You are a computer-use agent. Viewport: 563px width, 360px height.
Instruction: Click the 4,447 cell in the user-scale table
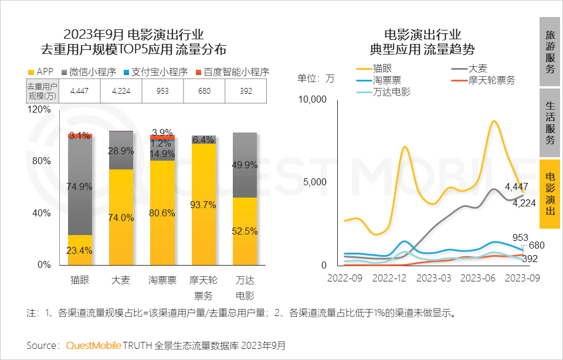pos(80,91)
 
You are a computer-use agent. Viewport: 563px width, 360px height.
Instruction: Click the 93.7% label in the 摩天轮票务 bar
pos(204,205)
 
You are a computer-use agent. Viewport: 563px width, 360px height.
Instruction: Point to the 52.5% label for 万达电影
pos(245,231)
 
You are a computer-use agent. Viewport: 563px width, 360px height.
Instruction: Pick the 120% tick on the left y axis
pos(39,109)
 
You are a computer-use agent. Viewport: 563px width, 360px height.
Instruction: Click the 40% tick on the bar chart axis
pos(41,213)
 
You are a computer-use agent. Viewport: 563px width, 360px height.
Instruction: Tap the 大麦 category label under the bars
pos(121,280)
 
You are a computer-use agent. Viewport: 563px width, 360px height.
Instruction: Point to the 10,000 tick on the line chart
pos(312,99)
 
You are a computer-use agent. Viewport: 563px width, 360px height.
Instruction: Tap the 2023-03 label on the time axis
pos(435,277)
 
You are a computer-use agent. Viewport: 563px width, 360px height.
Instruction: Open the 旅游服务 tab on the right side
pos(550,52)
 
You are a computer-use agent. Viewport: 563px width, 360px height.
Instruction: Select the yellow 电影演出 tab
pos(550,194)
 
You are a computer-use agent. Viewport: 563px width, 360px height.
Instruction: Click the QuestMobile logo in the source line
pos(93,345)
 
